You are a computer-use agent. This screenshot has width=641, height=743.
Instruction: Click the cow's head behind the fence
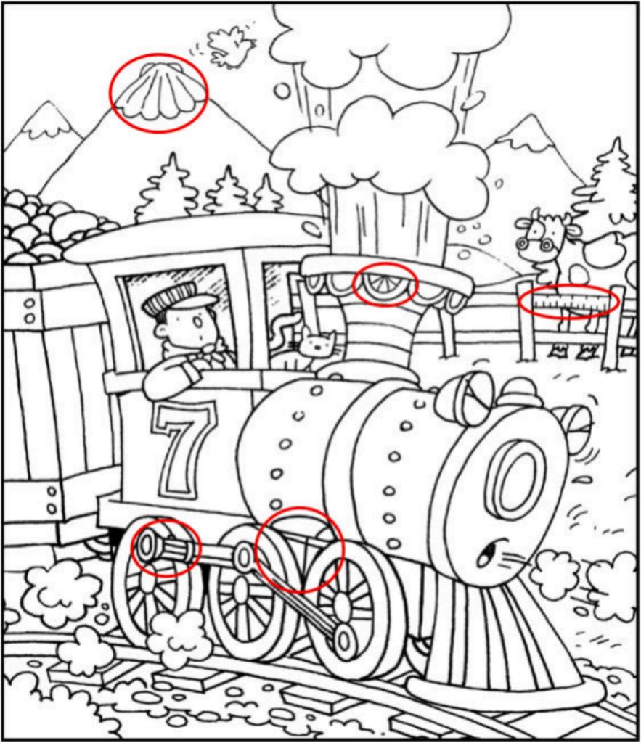545,233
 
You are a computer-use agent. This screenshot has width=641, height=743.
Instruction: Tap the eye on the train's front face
486,554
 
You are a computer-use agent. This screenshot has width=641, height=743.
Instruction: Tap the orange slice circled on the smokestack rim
385,285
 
